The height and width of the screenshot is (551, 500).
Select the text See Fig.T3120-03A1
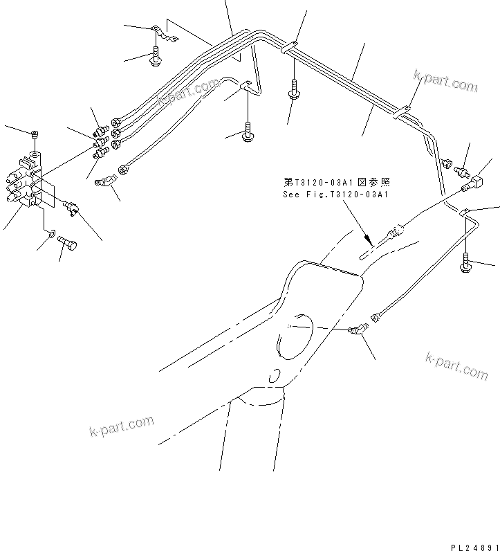335,195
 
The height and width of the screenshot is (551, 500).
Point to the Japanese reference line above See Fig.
336,183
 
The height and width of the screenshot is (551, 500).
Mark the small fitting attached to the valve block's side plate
69,205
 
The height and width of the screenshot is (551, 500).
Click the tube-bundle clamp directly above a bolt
291,47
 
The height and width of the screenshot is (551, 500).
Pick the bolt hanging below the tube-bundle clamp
295,90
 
